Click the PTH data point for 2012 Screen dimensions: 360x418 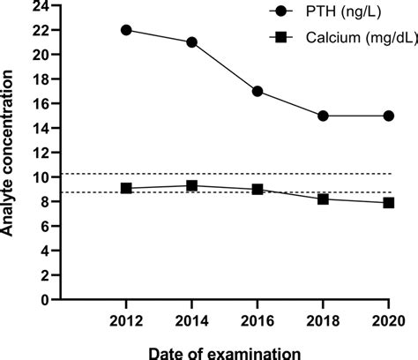126,30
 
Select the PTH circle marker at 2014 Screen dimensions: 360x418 191,42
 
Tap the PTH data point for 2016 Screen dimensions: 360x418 257,91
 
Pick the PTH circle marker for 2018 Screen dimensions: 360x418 323,116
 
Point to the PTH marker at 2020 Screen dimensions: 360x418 388,116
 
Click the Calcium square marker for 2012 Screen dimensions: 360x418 126,188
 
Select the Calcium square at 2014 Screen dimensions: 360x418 191,185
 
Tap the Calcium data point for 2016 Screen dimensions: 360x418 257,189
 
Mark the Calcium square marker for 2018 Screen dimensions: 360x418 323,199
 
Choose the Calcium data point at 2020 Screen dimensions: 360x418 388,202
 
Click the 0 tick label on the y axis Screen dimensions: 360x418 43,299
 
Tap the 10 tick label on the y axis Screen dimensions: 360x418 39,176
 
